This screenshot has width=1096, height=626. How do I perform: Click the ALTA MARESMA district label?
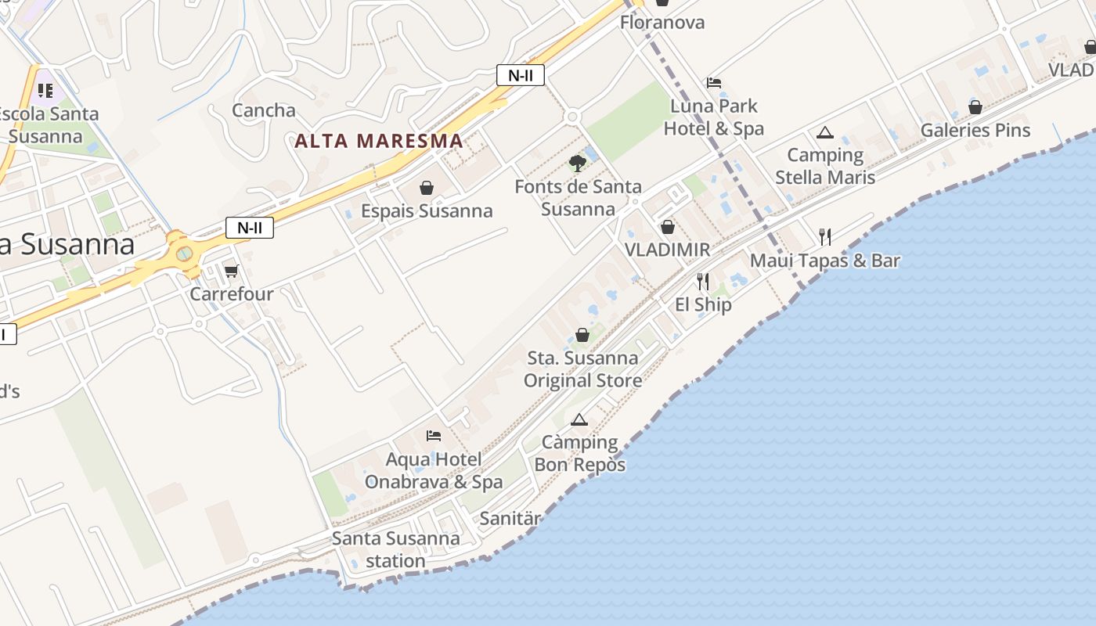pyautogui.click(x=379, y=142)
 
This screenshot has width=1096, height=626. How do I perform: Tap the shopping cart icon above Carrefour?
pyautogui.click(x=231, y=271)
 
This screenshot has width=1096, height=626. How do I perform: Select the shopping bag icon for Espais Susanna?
pyautogui.click(x=427, y=188)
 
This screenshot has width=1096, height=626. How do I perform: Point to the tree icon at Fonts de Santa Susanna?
pyautogui.click(x=578, y=164)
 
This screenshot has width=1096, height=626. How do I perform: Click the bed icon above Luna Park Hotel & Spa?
pyautogui.click(x=713, y=82)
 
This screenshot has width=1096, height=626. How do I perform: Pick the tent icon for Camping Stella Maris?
pyautogui.click(x=824, y=133)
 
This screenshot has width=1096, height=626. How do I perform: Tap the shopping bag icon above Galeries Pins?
pyautogui.click(x=975, y=107)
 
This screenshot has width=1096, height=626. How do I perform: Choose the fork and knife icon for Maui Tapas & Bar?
pyautogui.click(x=824, y=236)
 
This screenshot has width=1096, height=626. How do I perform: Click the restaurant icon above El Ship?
pyautogui.click(x=703, y=282)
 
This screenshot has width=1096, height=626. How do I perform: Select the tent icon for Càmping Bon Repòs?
pyautogui.click(x=579, y=419)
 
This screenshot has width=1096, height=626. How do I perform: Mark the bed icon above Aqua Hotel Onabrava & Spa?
pyautogui.click(x=434, y=436)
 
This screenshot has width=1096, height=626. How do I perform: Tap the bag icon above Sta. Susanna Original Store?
pyautogui.click(x=582, y=335)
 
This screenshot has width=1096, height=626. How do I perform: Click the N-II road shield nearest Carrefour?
pyautogui.click(x=250, y=228)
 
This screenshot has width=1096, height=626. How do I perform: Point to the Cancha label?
pyautogui.click(x=264, y=110)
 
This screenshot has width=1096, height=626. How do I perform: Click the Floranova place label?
pyautogui.click(x=662, y=22)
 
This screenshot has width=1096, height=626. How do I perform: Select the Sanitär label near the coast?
pyautogui.click(x=510, y=518)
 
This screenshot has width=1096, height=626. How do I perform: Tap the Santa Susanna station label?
pyautogui.click(x=395, y=549)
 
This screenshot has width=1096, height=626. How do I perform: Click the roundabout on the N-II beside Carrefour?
pyautogui.click(x=184, y=254)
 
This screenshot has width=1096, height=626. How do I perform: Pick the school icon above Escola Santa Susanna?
pyautogui.click(x=45, y=91)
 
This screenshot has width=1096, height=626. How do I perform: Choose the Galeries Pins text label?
pyautogui.click(x=975, y=130)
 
